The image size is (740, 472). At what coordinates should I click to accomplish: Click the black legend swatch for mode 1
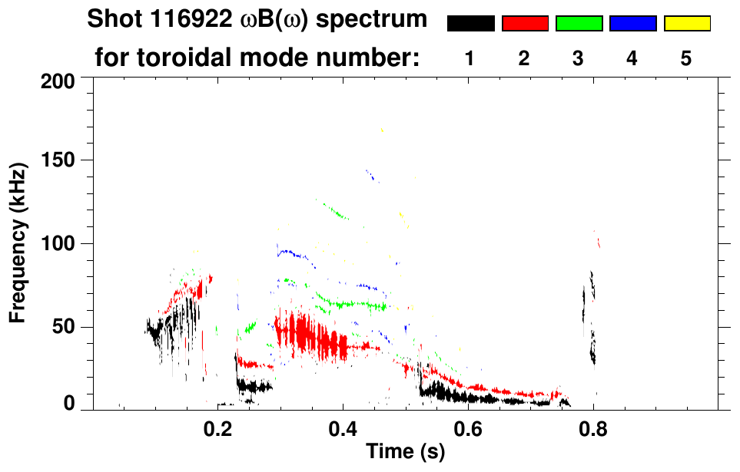click(470, 24)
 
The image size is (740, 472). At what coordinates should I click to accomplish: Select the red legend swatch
click(525, 24)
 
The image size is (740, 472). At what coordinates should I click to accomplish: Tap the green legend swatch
click(579, 24)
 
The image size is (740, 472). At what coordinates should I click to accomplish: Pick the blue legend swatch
click(632, 24)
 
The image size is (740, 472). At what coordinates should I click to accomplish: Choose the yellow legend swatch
click(687, 24)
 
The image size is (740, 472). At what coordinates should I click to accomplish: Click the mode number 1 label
click(470, 58)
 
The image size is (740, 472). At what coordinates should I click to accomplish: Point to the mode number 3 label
click(578, 58)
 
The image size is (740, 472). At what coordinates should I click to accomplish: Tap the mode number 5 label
click(686, 58)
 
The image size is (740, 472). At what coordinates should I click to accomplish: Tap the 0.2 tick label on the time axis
click(218, 427)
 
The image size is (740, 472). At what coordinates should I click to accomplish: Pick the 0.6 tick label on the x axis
click(467, 427)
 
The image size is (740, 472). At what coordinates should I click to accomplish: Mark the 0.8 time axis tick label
click(592, 427)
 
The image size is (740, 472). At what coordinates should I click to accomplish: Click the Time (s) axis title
click(405, 453)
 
